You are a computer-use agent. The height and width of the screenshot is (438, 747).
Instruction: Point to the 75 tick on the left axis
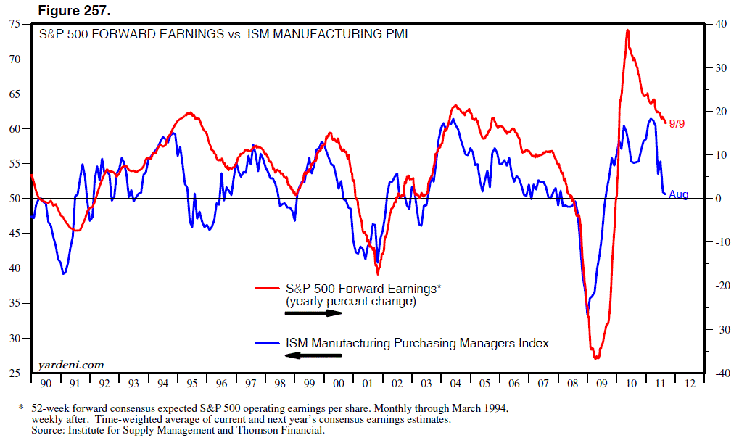coord(15,24)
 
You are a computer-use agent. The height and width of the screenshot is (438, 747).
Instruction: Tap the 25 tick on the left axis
coord(15,373)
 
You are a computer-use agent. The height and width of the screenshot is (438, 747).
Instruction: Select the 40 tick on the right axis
coord(721,24)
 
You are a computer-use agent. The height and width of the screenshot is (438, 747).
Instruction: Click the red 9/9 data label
coord(677,124)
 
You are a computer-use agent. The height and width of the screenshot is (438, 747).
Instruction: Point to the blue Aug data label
coord(679,194)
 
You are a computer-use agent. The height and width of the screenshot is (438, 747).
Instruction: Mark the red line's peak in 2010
coord(627,30)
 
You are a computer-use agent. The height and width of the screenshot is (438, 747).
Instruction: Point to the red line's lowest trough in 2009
coord(596,358)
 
